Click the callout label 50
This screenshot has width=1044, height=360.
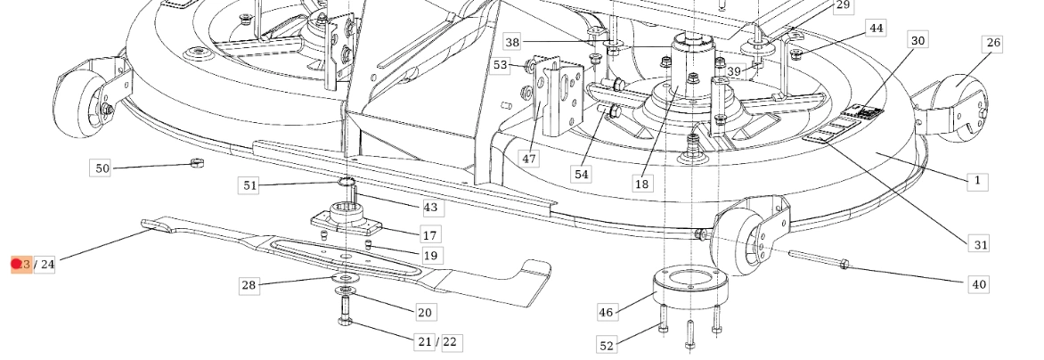pyautogui.click(x=102, y=168)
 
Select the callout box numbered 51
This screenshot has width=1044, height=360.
pyautogui.click(x=249, y=185)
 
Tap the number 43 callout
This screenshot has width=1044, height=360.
pyautogui.click(x=430, y=207)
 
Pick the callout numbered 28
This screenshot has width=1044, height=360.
pyautogui.click(x=249, y=285)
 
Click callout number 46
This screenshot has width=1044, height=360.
pyautogui.click(x=607, y=312)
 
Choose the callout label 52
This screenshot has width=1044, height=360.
pyautogui.click(x=607, y=345)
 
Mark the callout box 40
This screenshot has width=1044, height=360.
pyautogui.click(x=978, y=284)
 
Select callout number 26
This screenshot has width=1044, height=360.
pyautogui.click(x=992, y=44)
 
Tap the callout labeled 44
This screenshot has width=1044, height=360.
pyautogui.click(x=877, y=29)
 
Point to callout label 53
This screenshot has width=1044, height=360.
pyautogui.click(x=501, y=65)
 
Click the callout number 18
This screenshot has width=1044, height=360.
pyautogui.click(x=641, y=184)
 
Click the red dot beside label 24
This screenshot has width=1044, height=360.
pyautogui.click(x=16, y=264)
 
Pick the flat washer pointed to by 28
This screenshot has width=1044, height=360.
pyautogui.click(x=343, y=290)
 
